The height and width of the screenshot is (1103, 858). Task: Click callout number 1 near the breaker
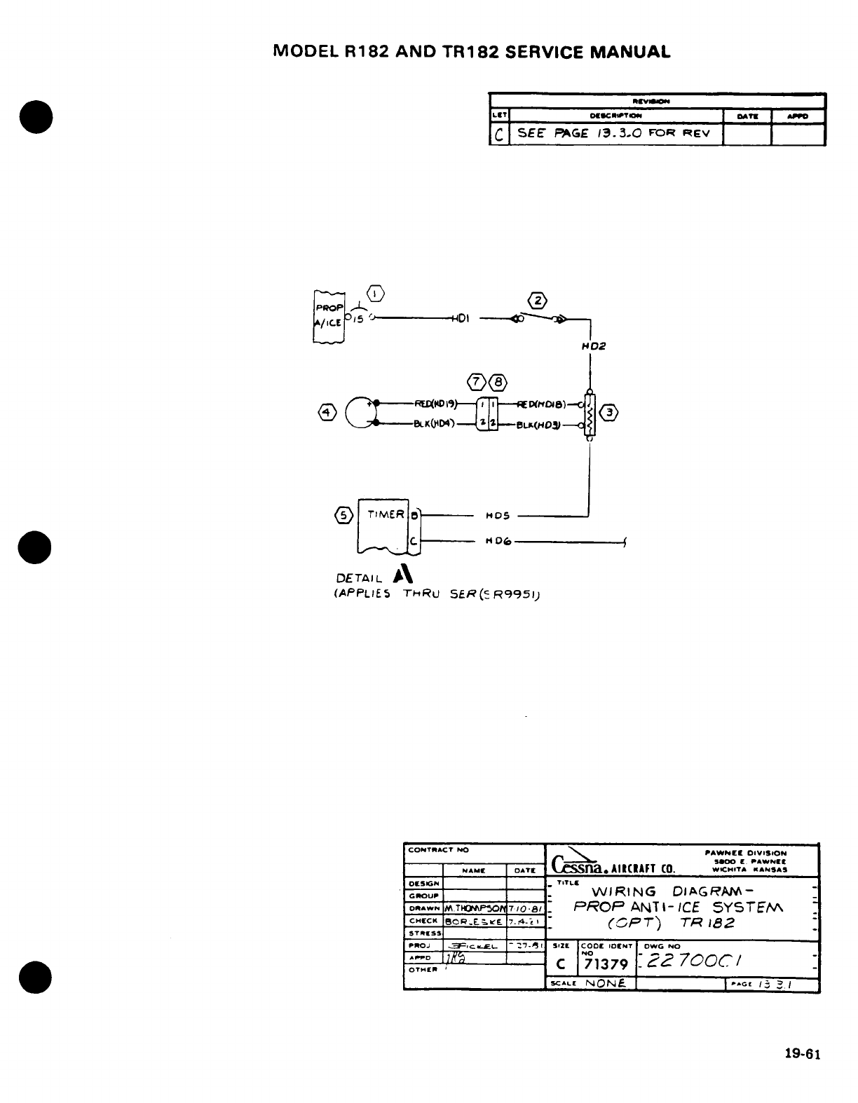pos(376,292)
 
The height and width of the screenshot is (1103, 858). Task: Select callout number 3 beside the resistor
pos(612,413)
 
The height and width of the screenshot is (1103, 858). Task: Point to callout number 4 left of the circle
pos(325,412)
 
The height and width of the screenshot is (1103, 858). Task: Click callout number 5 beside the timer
pos(343,515)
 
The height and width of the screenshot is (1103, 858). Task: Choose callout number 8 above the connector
pos(498,382)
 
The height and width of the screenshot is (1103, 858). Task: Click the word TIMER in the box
pos(386,514)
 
